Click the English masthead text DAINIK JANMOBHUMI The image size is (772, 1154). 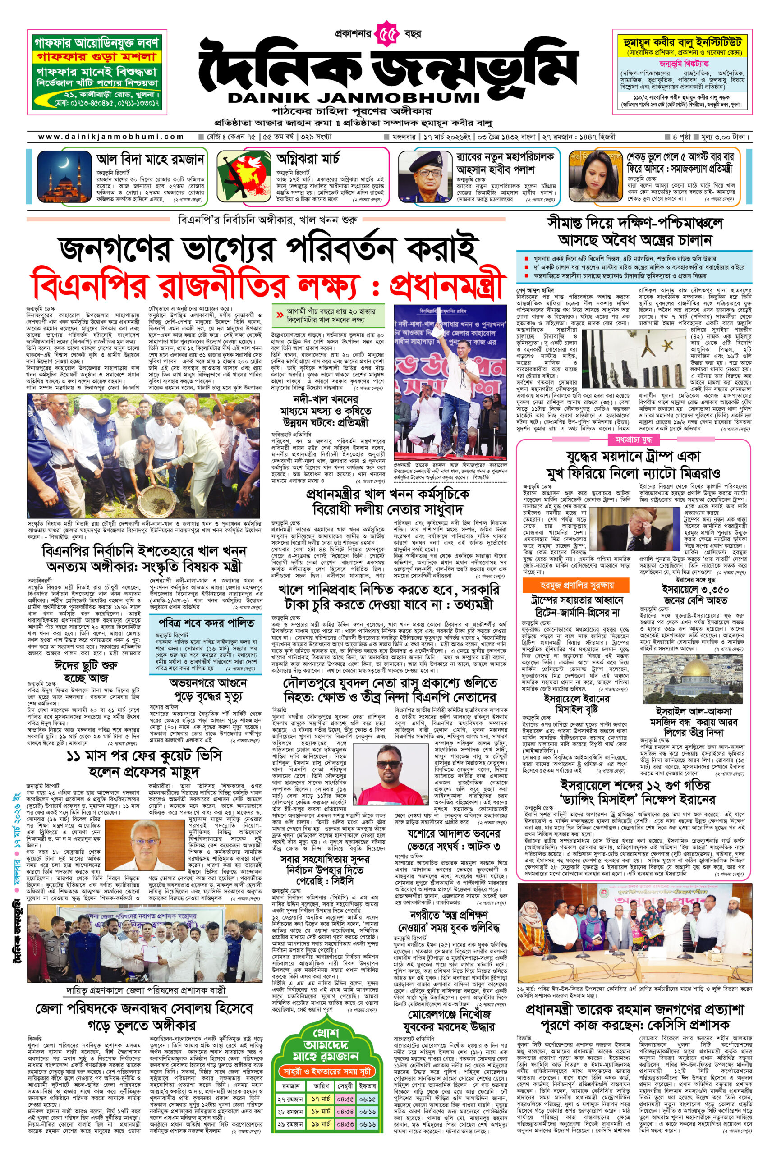click(x=353, y=97)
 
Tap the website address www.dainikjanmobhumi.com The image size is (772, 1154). click(x=111, y=137)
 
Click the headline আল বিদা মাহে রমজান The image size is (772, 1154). click(x=150, y=160)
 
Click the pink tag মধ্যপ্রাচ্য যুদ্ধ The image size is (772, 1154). click(x=633, y=438)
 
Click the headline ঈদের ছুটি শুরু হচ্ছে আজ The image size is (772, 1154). click(x=86, y=672)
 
